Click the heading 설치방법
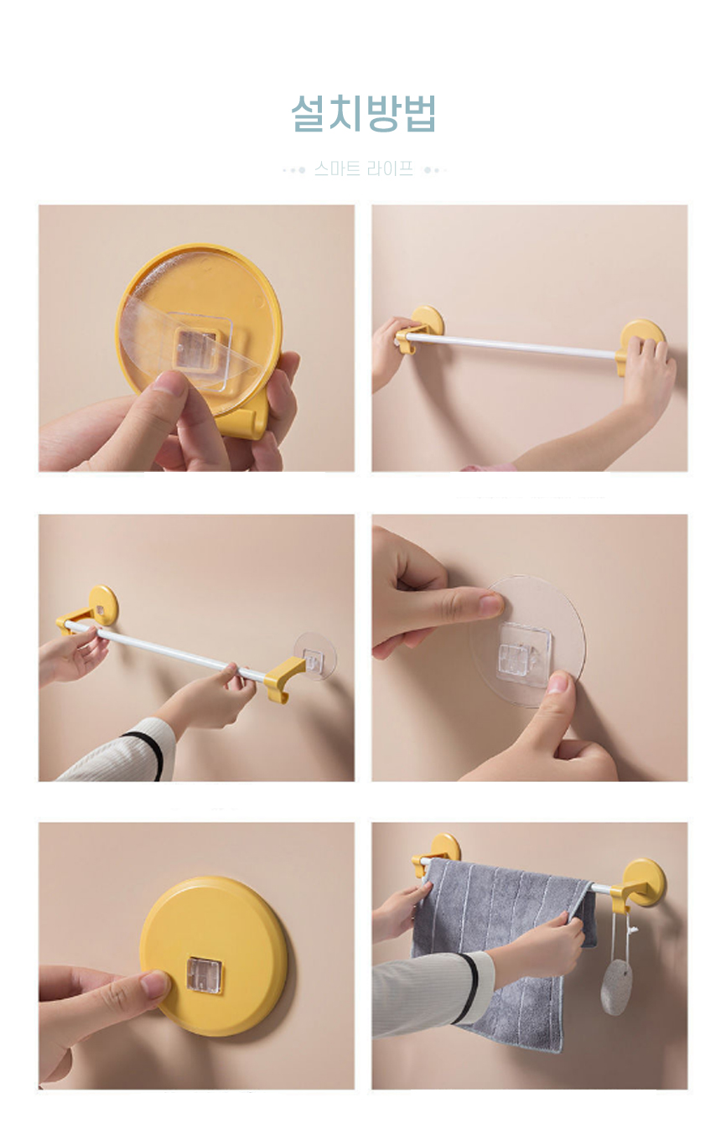(x=363, y=113)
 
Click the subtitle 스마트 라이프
(x=364, y=168)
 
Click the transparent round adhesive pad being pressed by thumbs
(x=526, y=640)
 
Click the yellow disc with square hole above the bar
(x=103, y=603)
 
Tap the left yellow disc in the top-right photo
(x=428, y=319)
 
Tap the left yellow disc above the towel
(x=444, y=847)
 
